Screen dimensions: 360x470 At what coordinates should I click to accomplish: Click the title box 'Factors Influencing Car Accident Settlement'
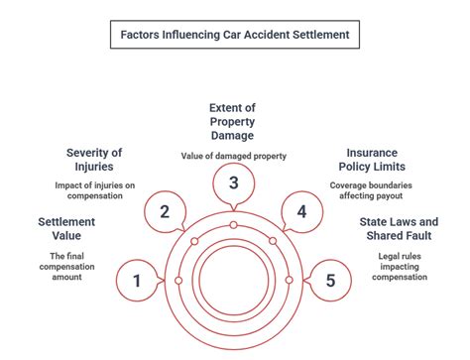tap(234, 36)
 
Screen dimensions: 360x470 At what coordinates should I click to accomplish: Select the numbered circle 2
tap(165, 210)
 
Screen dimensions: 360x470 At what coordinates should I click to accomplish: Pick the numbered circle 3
tap(233, 182)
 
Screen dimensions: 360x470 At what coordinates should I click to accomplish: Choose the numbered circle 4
tap(302, 210)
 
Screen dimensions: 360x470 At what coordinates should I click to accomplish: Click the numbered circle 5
tap(331, 281)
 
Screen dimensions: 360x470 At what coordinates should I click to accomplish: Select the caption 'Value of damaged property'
tap(234, 156)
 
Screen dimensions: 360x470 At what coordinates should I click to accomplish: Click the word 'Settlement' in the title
tap(316, 36)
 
